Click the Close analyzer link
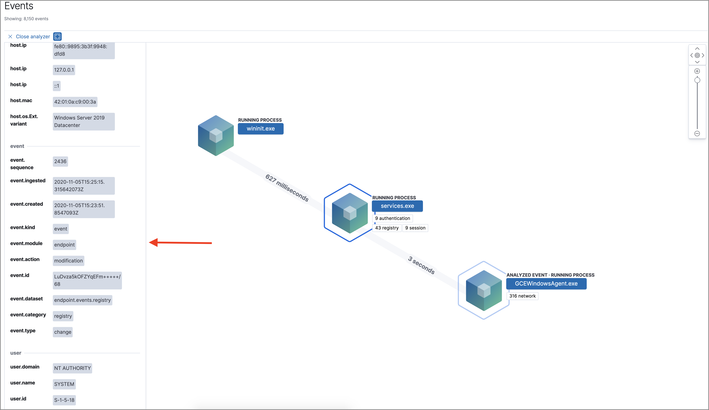pyautogui.click(x=33, y=37)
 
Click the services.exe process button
pyautogui.click(x=397, y=206)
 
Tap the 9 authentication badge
pyautogui.click(x=392, y=218)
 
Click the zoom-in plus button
pyautogui.click(x=697, y=71)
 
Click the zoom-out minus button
pyautogui.click(x=697, y=134)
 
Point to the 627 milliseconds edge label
pyautogui.click(x=287, y=188)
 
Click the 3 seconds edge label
pyautogui.click(x=421, y=265)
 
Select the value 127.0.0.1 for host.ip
pyautogui.click(x=64, y=70)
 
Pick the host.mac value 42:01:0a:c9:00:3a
pyautogui.click(x=75, y=102)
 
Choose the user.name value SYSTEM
pyautogui.click(x=64, y=384)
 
